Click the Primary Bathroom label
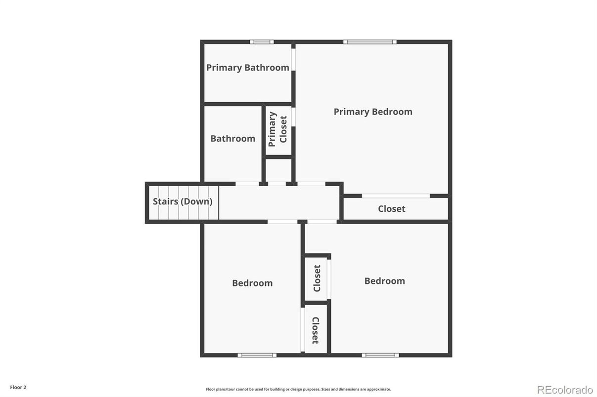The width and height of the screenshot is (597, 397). point(247,68)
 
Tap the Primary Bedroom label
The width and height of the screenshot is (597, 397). point(372,112)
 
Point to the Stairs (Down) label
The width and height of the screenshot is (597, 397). point(183,201)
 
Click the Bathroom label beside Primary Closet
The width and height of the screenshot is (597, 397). point(232,139)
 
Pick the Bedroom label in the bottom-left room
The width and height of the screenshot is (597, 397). point(252,283)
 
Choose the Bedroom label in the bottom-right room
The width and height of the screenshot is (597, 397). point(384,281)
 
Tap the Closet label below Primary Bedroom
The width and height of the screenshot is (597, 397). point(391,209)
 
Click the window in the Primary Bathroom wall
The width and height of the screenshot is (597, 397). point(262,42)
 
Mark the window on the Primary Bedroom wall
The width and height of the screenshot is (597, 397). point(370,42)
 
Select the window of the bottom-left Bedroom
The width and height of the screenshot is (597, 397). point(257,355)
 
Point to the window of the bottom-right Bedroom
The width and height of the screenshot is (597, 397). point(380,355)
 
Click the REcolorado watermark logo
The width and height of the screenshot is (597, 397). point(565,390)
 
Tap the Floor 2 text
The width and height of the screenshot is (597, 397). point(18,388)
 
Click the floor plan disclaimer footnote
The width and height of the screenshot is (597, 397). point(298,390)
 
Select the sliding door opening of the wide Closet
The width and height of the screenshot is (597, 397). point(396,196)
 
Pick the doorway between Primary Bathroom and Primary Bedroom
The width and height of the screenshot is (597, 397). point(293,59)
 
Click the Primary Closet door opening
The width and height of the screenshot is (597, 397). point(293,117)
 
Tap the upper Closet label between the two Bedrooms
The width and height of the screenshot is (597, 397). point(317,278)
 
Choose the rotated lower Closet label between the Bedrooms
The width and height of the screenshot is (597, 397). point(315,330)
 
